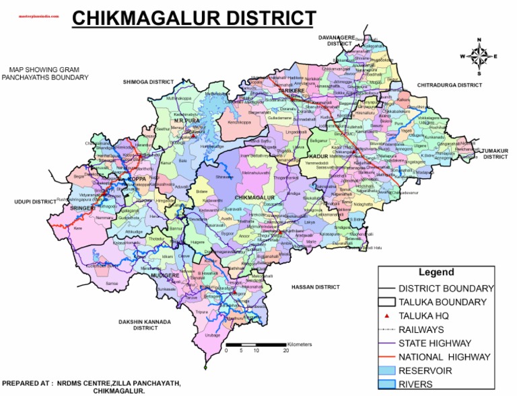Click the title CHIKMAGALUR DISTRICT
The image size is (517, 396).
[x=193, y=18]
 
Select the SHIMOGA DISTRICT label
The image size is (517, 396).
[x=148, y=82]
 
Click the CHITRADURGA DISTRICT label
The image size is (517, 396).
[x=450, y=85]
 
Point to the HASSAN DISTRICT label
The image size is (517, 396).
[x=315, y=287]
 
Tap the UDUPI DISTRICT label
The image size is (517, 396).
[x=35, y=202]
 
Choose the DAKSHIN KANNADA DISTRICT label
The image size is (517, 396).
[x=145, y=325]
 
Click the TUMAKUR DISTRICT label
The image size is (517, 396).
[x=494, y=153]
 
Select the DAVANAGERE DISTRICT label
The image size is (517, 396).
[x=340, y=40]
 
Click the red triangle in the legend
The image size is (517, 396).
[x=387, y=315]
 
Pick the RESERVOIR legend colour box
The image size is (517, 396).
[x=387, y=370]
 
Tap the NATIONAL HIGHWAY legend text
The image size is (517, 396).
[x=444, y=357]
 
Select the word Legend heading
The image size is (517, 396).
[x=436, y=273]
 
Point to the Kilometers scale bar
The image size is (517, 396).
[x=256, y=344]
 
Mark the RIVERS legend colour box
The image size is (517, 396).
[x=387, y=385]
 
